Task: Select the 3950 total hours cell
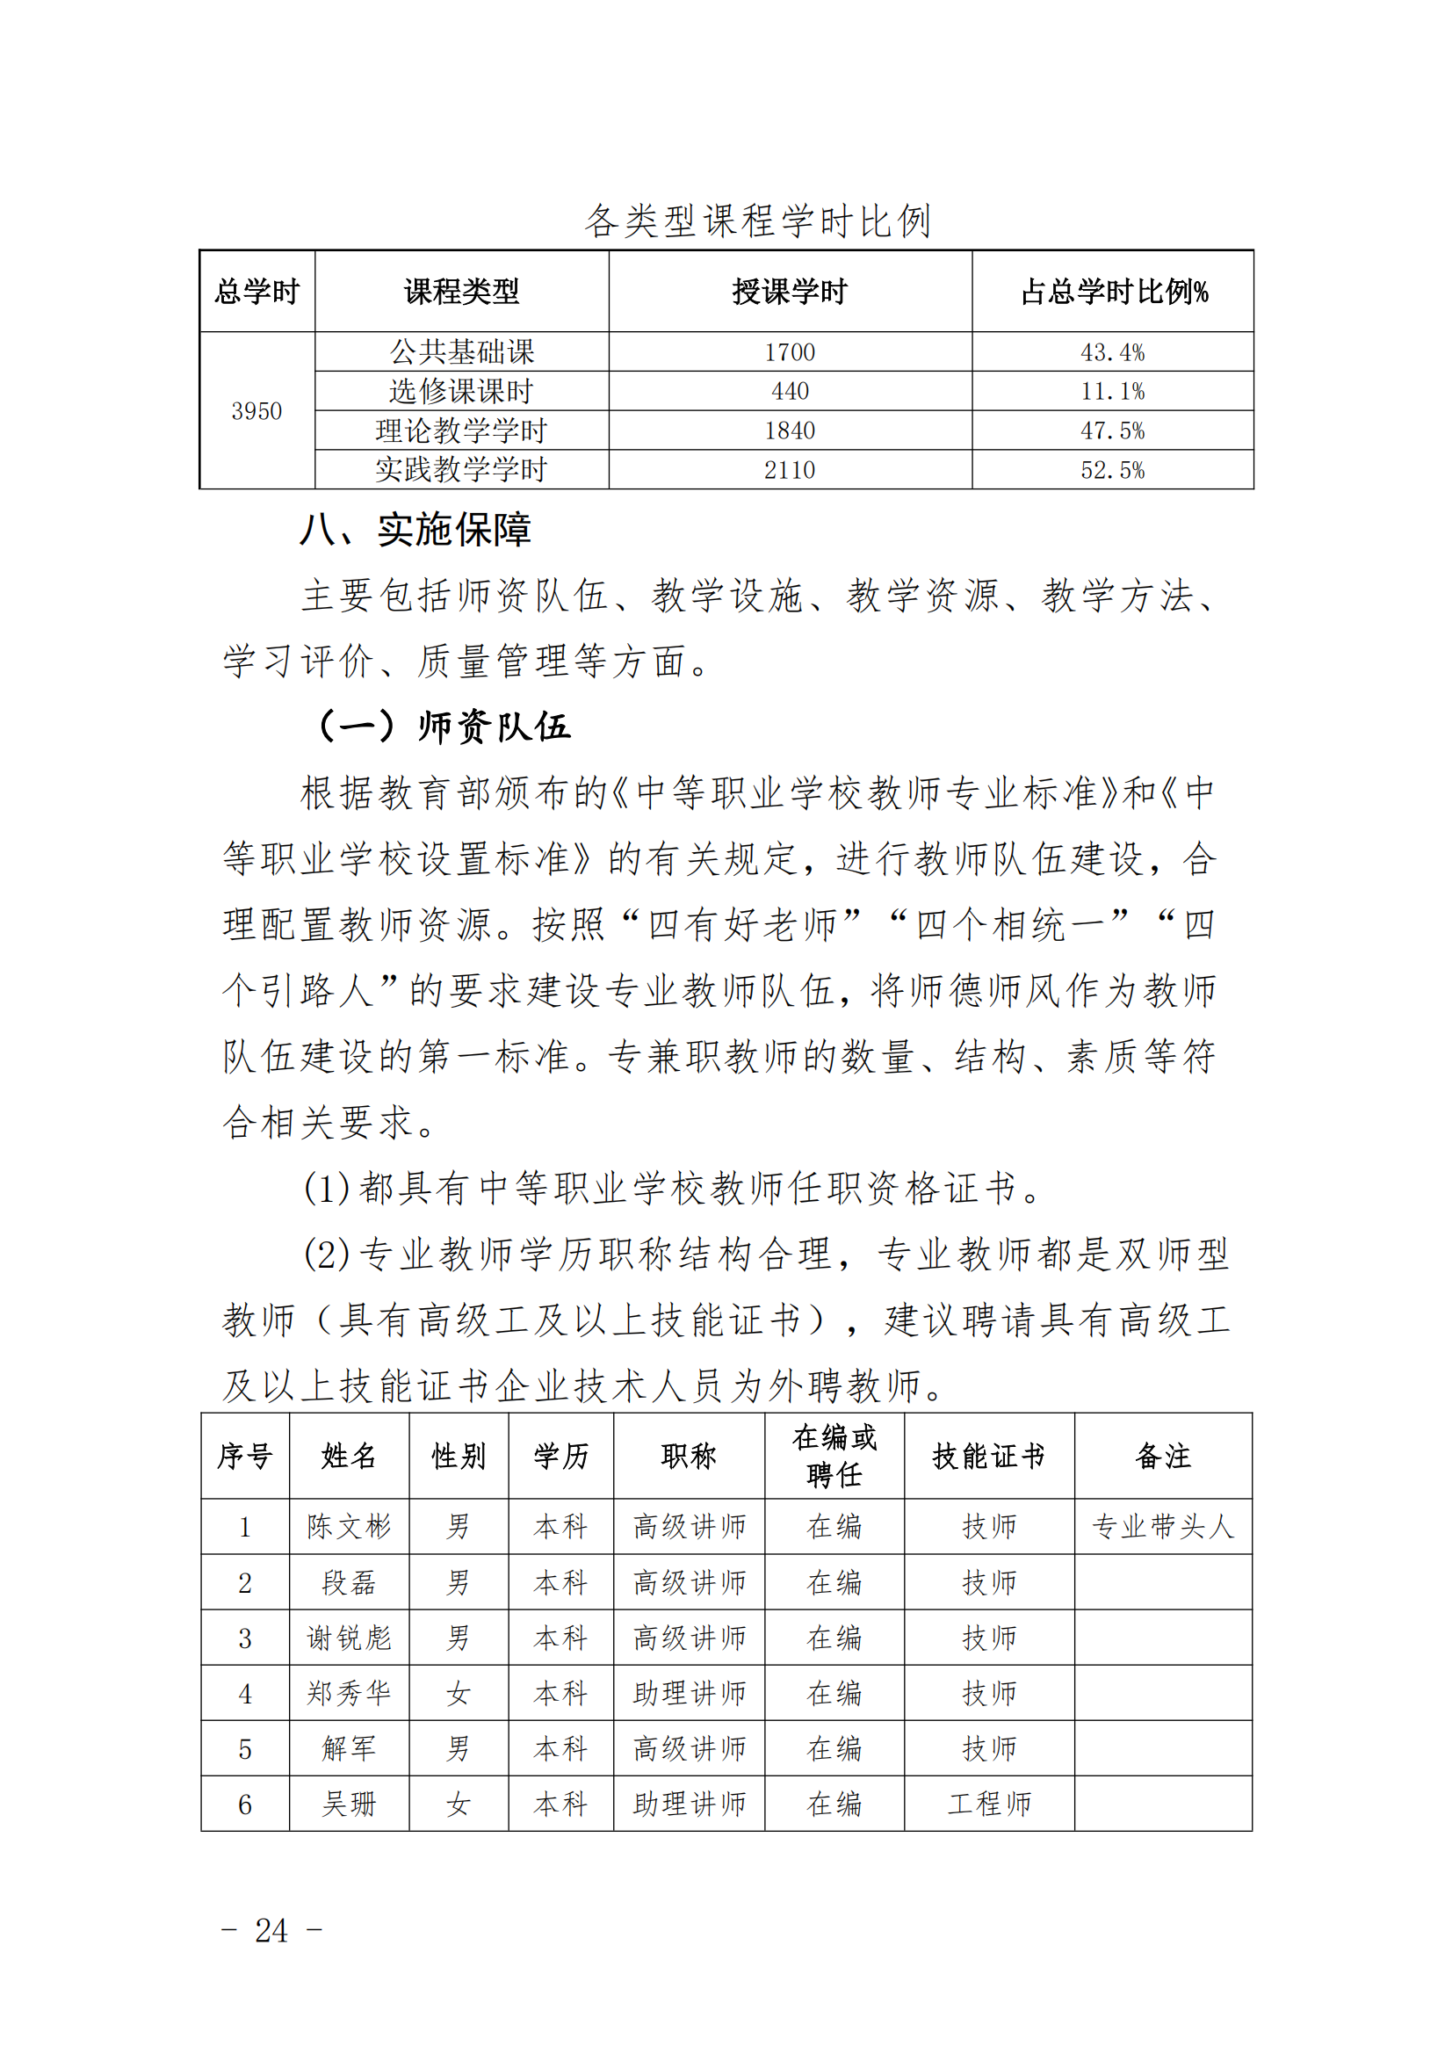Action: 256,410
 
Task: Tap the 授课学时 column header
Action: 789,292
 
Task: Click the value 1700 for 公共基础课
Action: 789,352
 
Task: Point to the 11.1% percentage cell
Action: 1112,392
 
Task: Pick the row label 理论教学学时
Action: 461,430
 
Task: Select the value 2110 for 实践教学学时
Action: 789,470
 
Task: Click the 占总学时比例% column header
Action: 1114,292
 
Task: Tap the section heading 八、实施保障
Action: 415,531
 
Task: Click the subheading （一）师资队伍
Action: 444,727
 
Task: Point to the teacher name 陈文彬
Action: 349,1526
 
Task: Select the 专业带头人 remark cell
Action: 1162,1526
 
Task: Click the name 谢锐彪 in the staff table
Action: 349,1638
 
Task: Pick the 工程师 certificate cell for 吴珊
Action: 988,1804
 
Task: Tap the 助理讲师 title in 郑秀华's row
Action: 689,1694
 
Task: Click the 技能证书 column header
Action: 988,1457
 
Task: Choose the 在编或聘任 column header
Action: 834,1457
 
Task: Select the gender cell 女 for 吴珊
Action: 458,1804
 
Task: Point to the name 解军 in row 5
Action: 349,1748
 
